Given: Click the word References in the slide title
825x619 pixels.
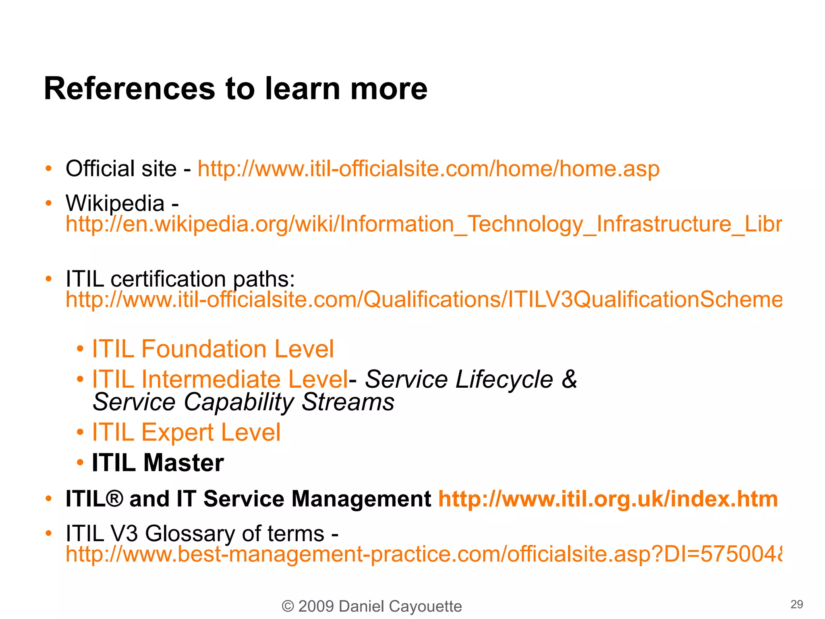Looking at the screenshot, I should (130, 89).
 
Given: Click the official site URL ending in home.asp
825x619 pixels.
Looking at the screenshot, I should (428, 168).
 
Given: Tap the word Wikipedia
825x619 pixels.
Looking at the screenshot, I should (115, 203).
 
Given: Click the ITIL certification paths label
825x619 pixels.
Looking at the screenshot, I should (180, 279).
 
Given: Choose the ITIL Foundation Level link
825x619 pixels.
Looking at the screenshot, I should (213, 349).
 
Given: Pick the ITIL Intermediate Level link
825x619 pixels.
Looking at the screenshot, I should (220, 379).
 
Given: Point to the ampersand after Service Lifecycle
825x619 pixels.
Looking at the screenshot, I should (569, 379).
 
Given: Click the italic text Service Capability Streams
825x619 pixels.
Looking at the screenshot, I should (243, 402).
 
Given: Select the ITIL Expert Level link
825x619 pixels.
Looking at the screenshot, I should (186, 432).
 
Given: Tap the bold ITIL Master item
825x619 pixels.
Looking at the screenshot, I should (158, 463).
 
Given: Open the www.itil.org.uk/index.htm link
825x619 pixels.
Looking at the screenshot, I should (608, 499).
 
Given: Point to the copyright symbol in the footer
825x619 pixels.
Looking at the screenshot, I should (288, 606).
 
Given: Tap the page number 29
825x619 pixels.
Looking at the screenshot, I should (796, 604).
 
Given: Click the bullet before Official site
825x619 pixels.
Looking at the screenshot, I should (49, 168).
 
